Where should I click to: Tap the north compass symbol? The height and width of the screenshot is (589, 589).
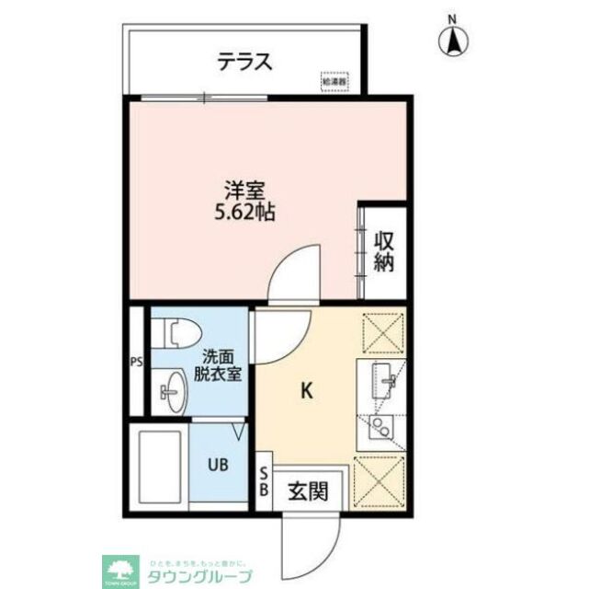tap(452, 38)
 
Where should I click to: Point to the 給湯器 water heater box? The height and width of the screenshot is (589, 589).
tap(335, 82)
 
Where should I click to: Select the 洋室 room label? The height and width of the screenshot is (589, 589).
tap(246, 192)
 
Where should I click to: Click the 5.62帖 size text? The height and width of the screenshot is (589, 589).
tap(244, 214)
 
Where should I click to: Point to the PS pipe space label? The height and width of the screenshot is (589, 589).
tap(137, 361)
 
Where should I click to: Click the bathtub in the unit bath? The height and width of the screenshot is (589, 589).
tap(159, 465)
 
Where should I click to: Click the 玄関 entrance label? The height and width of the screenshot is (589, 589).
tap(305, 491)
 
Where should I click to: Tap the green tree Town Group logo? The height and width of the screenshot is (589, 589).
tap(119, 568)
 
